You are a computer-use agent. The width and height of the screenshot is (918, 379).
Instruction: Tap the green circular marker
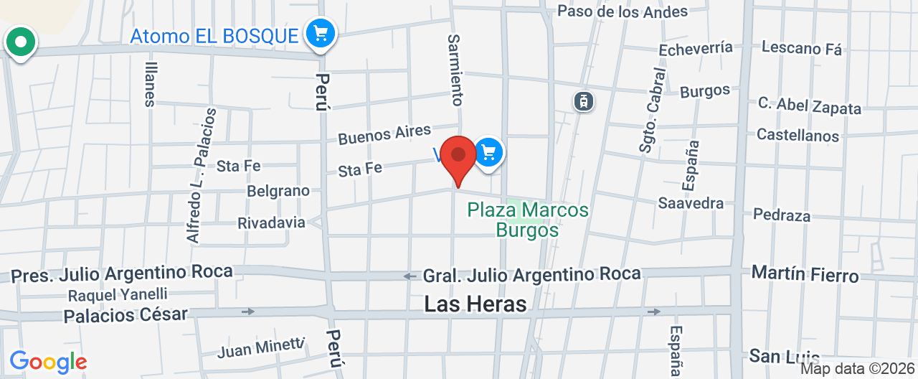[x=21, y=42]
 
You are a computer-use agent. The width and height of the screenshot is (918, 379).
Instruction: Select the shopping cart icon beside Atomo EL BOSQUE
[x=320, y=33]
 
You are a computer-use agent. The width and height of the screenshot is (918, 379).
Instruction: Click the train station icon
[x=585, y=100]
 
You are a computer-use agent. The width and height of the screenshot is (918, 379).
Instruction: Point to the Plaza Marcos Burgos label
[x=528, y=220]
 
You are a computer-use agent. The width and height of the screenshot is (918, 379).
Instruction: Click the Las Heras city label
[x=475, y=304]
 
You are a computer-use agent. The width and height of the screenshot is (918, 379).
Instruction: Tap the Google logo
[x=48, y=362]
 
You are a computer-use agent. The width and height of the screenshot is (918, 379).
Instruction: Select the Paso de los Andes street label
[x=623, y=11]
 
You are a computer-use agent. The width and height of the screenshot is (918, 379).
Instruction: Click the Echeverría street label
[x=696, y=49]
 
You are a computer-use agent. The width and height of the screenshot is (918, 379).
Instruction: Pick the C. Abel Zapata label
[x=810, y=106]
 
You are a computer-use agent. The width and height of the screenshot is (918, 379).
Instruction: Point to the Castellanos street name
[x=798, y=135]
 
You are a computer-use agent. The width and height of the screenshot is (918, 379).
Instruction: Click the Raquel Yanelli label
[x=118, y=294]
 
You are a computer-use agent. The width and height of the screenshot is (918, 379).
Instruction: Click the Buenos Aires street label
[x=384, y=134]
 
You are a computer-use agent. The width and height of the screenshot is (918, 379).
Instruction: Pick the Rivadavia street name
[x=271, y=223]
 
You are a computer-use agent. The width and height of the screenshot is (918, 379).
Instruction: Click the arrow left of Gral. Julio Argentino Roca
[x=410, y=276]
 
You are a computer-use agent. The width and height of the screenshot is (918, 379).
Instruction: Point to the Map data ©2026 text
[x=858, y=369]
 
